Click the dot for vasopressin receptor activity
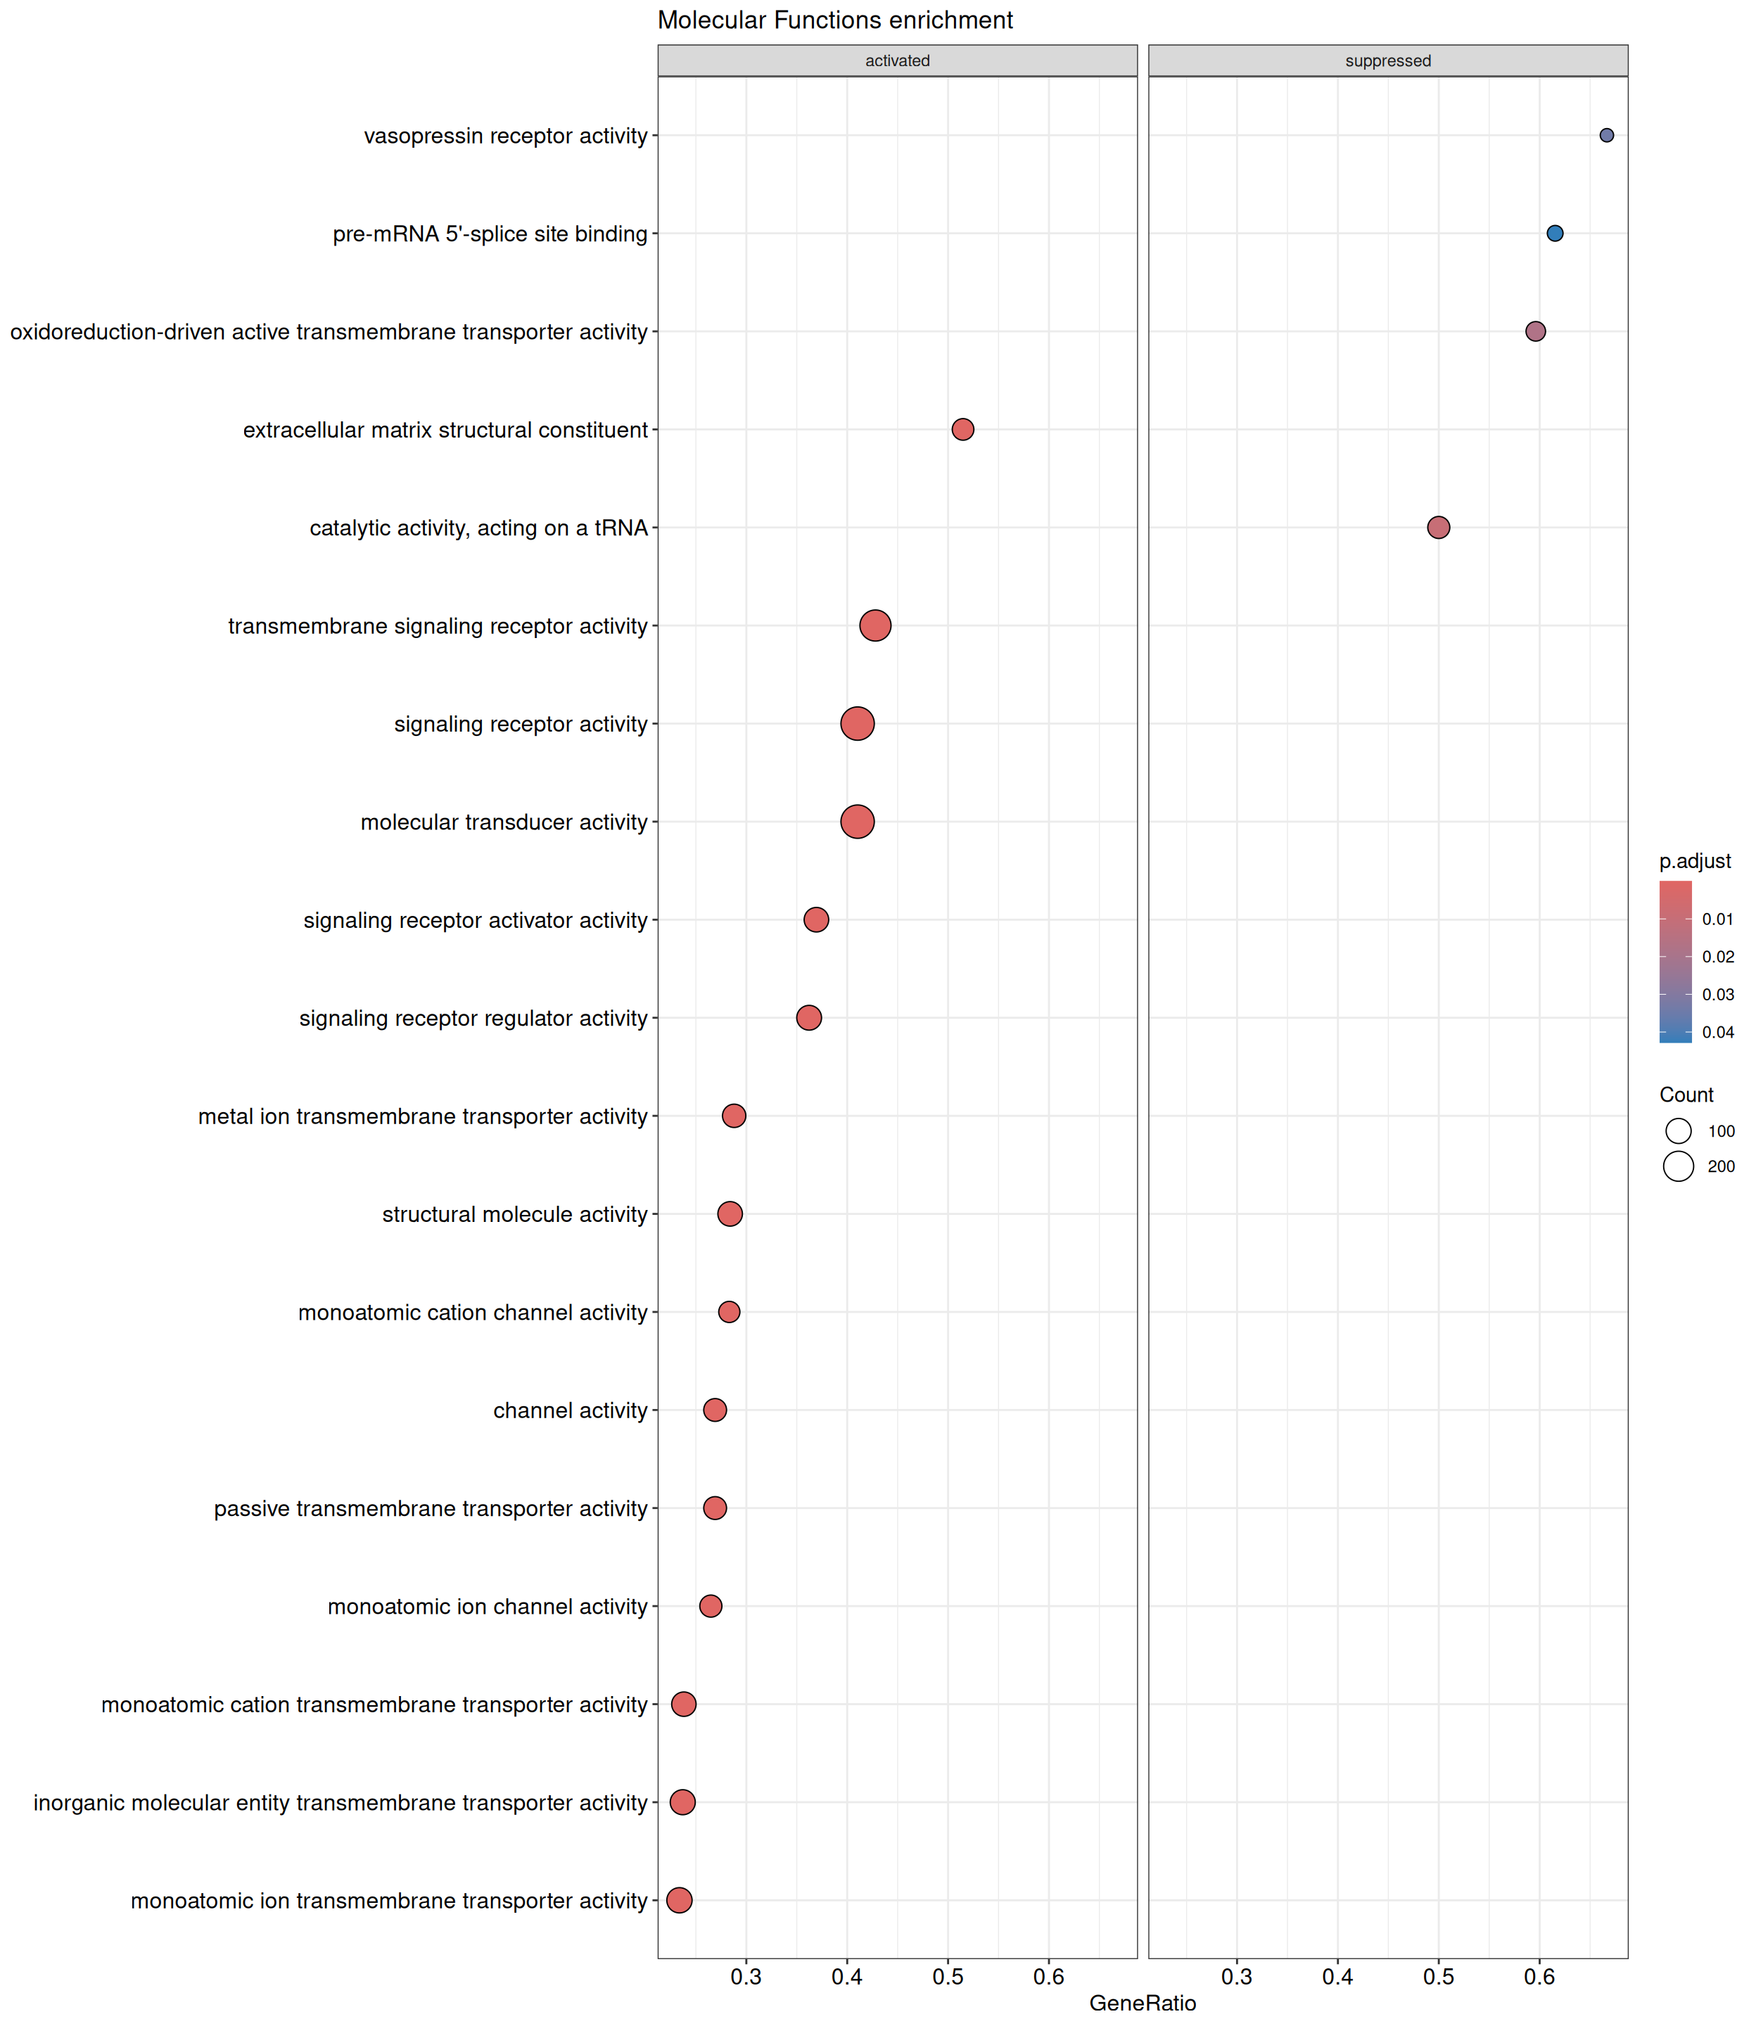(x=1606, y=135)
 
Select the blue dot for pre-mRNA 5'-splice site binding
(x=1555, y=233)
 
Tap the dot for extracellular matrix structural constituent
(x=962, y=429)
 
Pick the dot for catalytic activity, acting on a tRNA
(x=1437, y=527)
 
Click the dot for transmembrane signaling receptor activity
(x=875, y=625)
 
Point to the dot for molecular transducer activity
(x=858, y=821)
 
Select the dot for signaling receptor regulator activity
(x=808, y=1018)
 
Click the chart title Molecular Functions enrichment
(x=835, y=20)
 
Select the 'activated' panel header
(x=896, y=60)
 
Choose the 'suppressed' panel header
(x=1387, y=60)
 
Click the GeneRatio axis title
(x=1143, y=2003)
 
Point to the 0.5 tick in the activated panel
(x=948, y=1977)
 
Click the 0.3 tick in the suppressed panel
(x=1237, y=1977)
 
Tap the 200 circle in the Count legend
(x=1679, y=1166)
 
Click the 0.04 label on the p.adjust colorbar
(x=1718, y=1031)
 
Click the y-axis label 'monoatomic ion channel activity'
(x=487, y=1606)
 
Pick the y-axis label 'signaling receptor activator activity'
(x=476, y=920)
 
